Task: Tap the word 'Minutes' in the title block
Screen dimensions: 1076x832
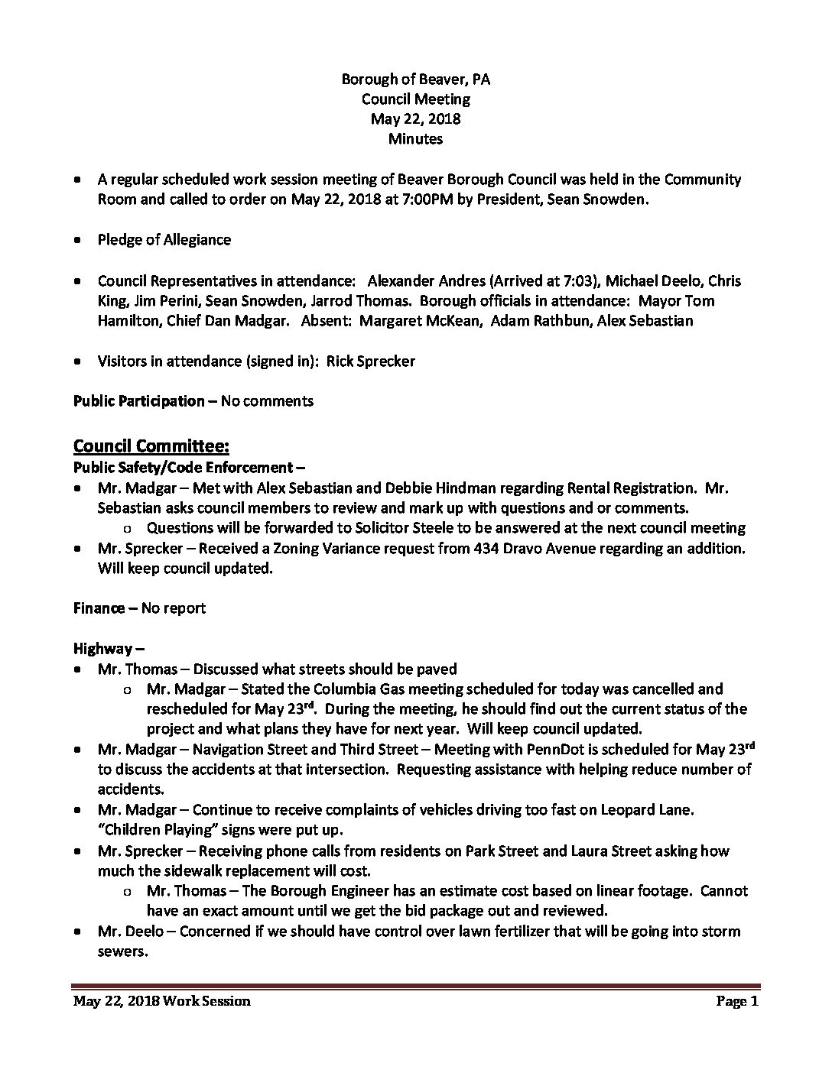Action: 415,138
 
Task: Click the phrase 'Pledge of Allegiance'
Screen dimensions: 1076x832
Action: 164,239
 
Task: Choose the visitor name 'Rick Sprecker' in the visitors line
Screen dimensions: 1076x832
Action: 371,361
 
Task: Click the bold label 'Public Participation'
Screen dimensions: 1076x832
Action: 139,401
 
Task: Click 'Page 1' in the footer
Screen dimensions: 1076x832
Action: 737,1001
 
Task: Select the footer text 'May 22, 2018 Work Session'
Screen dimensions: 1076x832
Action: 161,1001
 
